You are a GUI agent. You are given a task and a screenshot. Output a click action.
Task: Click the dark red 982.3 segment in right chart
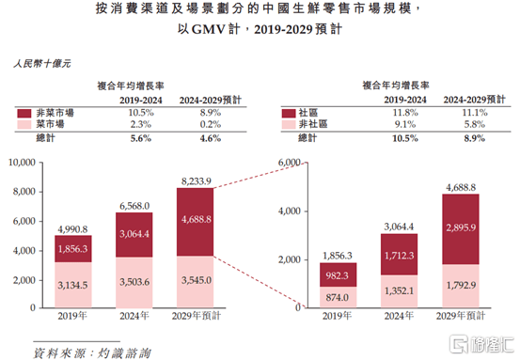point(337,274)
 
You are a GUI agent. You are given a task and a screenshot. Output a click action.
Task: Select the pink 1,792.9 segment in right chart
point(460,285)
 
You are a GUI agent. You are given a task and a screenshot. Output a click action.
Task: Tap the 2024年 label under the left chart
point(134,319)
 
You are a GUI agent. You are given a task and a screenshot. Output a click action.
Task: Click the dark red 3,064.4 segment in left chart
point(134,234)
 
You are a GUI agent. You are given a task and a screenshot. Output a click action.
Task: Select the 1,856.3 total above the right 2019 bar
point(337,255)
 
